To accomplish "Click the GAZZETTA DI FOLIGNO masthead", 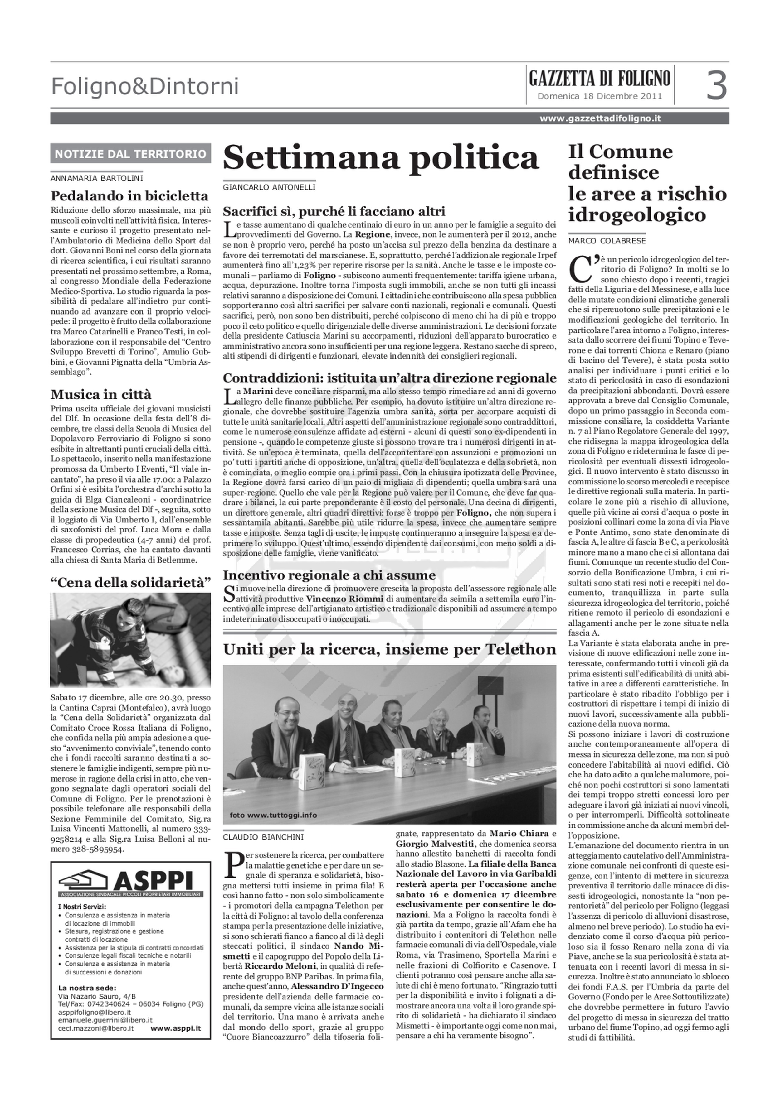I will click(x=599, y=78).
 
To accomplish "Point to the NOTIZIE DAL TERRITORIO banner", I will click(x=131, y=154).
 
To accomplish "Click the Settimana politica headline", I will click(x=381, y=157).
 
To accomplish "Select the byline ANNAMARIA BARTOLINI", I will click(x=96, y=178).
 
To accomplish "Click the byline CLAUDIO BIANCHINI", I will click(x=263, y=837).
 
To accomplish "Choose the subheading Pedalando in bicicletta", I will click(x=130, y=196).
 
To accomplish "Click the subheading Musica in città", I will click(x=101, y=395).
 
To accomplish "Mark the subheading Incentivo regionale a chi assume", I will click(x=329, y=575).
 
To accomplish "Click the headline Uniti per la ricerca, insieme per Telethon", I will click(x=389, y=649).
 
